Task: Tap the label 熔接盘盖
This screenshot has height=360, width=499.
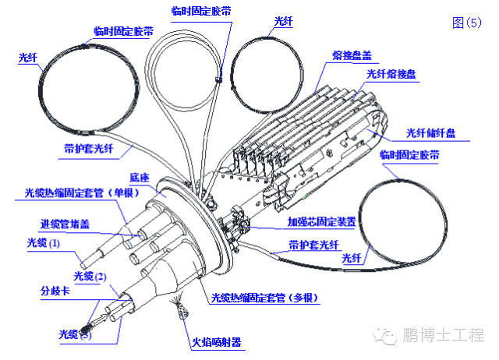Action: [x=351, y=55]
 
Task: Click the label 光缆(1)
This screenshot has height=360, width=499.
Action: [x=44, y=243]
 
